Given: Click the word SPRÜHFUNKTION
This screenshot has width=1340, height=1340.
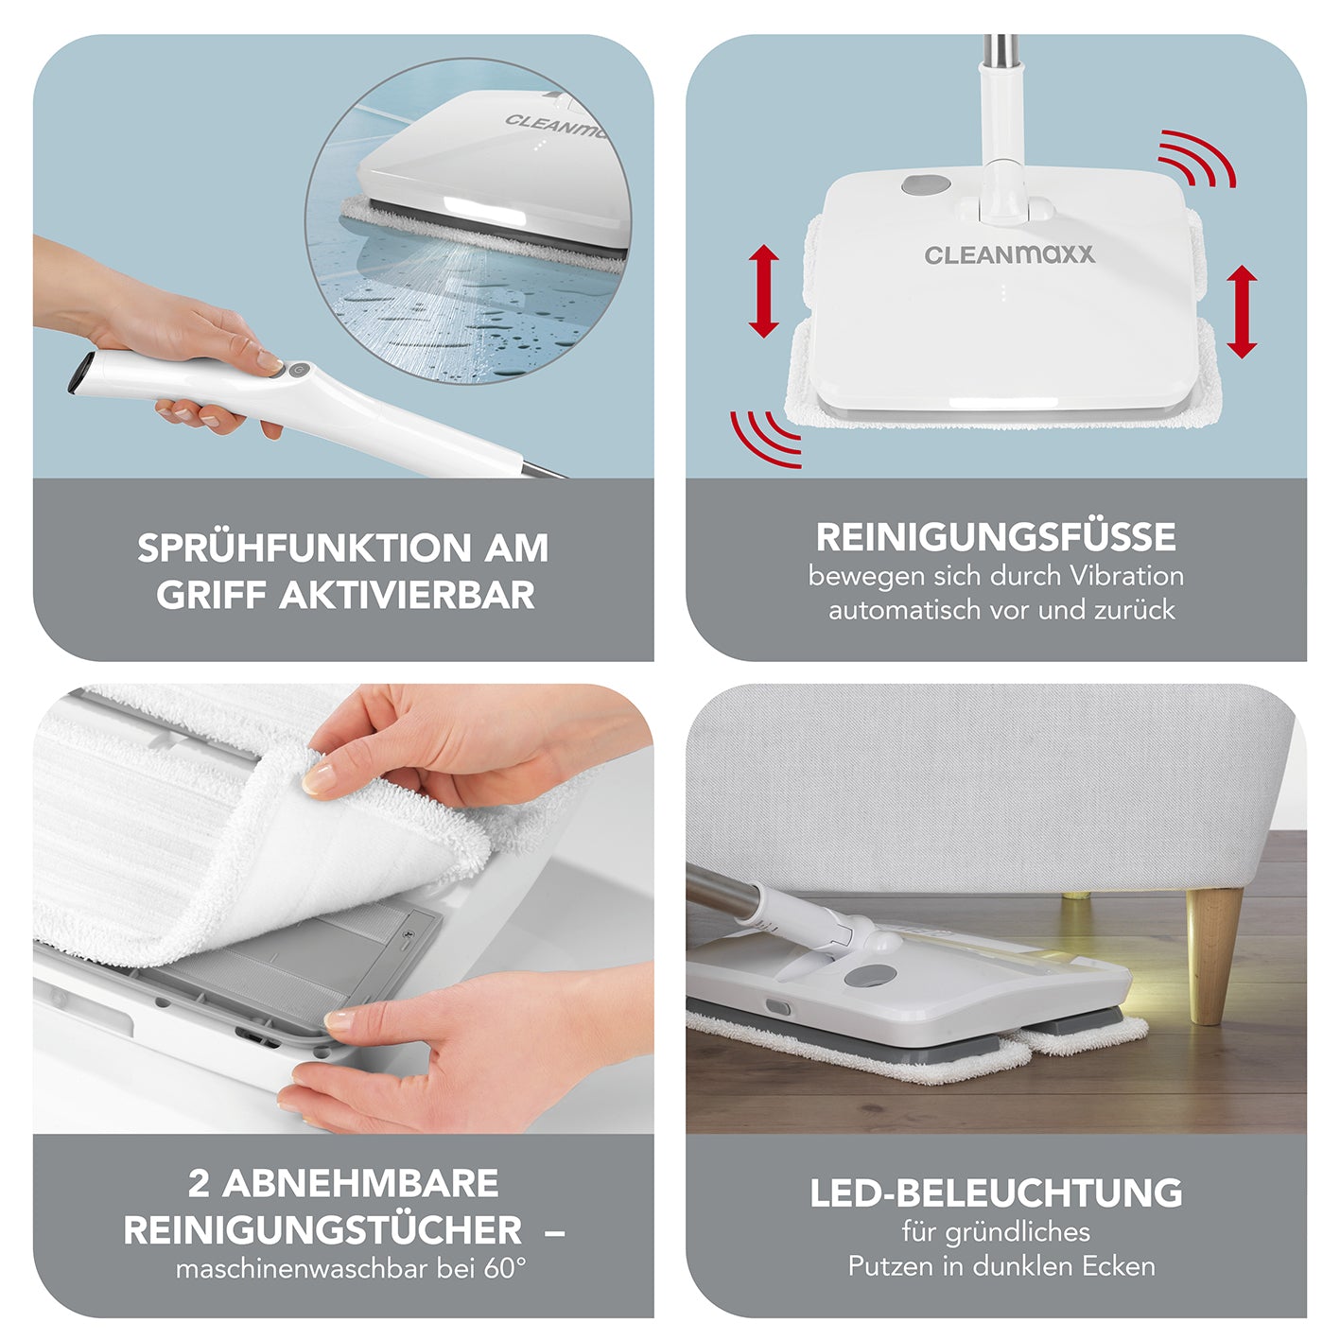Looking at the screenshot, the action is coord(305,548).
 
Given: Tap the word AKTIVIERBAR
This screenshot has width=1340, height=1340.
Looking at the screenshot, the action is coord(407,595).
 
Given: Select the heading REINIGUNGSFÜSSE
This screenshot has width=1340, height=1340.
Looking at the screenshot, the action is coord(996,536).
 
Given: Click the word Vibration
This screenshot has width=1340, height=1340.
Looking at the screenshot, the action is coord(1126,576).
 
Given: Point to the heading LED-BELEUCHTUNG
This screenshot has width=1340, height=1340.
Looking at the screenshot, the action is coord(996,1193).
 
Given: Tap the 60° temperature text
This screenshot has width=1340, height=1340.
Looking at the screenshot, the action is coord(505,1268).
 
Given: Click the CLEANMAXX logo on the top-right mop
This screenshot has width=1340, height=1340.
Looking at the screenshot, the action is coord(1009,254).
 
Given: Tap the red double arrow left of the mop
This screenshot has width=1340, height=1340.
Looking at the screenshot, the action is coord(763,291).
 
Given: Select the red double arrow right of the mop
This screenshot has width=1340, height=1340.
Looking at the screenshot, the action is coord(1242,311).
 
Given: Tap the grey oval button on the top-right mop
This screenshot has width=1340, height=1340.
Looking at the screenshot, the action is coord(926,185).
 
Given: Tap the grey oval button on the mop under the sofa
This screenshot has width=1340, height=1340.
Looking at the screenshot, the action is coord(869,976).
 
